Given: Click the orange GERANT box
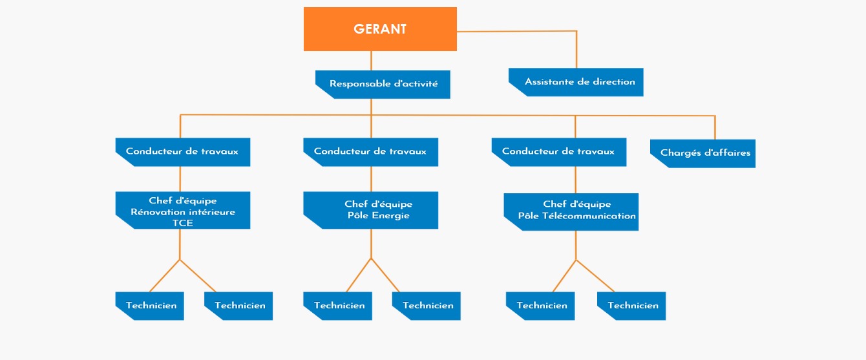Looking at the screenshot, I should pyautogui.click(x=380, y=29).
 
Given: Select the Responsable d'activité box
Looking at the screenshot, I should pyautogui.click(x=383, y=84).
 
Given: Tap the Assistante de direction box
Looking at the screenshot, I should pyautogui.click(x=576, y=82).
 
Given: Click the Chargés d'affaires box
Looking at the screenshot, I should pyautogui.click(x=702, y=154).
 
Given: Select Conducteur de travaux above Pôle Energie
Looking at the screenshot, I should pyautogui.click(x=370, y=152).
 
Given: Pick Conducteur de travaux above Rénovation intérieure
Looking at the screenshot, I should pyautogui.click(x=182, y=152).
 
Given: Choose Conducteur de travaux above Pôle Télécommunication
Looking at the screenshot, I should pyautogui.click(x=558, y=152).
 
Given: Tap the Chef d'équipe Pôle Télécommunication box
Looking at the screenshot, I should pyautogui.click(x=571, y=211).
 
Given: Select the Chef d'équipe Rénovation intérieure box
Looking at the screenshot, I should pyautogui.click(x=183, y=210).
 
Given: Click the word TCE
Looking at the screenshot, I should pyautogui.click(x=183, y=223).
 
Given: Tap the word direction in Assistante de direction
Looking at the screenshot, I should pyautogui.click(x=614, y=82).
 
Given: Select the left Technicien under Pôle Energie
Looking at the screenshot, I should pyautogui.click(x=339, y=306).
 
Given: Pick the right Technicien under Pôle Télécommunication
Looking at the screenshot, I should pyautogui.click(x=633, y=306).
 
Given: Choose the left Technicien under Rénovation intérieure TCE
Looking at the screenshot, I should pyautogui.click(x=151, y=306).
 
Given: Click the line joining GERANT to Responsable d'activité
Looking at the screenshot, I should pyautogui.click(x=371, y=60).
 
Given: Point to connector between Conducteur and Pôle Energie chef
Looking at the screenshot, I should pyautogui.click(x=371, y=178).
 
